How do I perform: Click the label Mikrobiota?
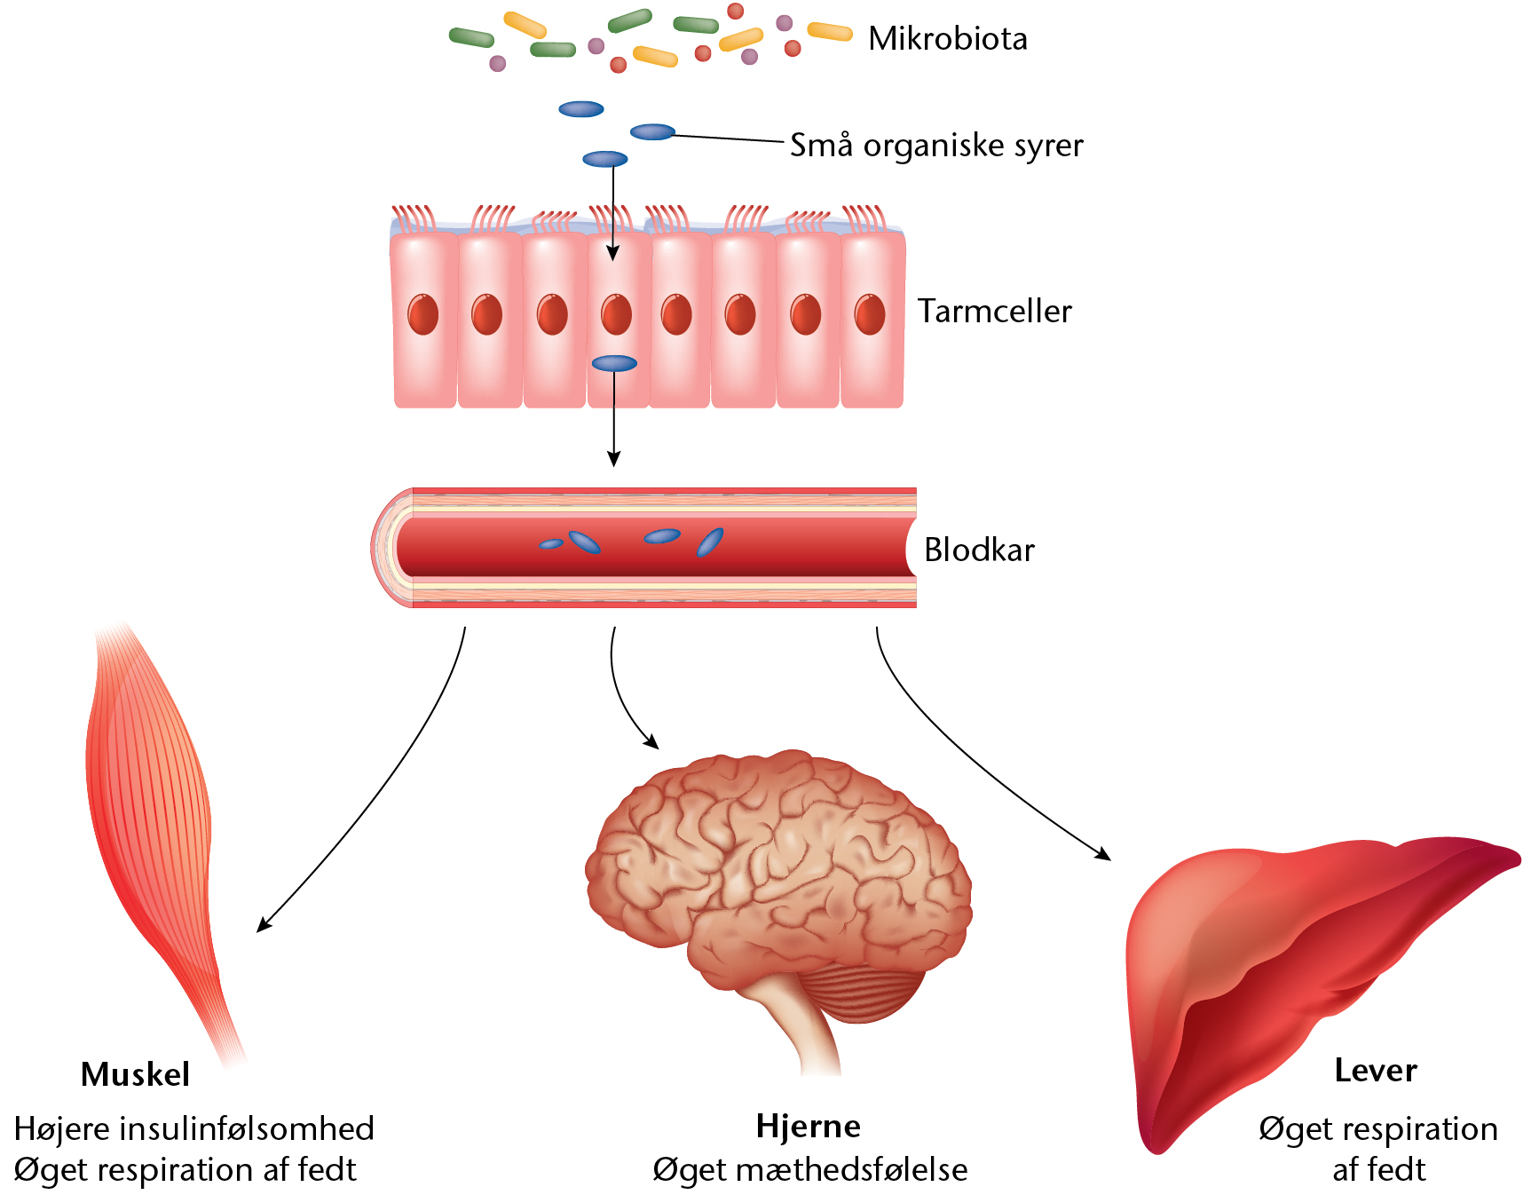947,39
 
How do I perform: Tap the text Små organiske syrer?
936,146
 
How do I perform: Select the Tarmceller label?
994,312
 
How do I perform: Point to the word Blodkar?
979,550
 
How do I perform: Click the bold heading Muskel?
135,1075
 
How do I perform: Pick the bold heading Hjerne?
808,1127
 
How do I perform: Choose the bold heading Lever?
1375,1071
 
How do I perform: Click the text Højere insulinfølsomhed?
193,1129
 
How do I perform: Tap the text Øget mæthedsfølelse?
809,1170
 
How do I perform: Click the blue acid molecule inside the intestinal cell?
614,363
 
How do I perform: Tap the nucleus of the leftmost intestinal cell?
423,315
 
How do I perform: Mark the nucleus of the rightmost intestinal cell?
870,315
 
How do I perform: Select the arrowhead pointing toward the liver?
1103,854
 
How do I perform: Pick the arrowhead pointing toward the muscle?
263,925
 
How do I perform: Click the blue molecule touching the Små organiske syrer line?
652,132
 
